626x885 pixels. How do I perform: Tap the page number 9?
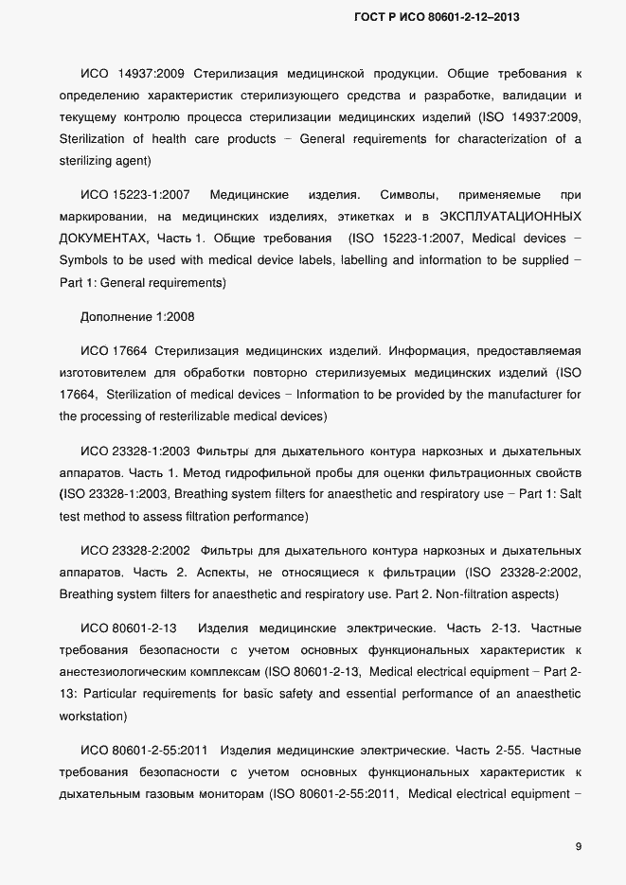[578, 846]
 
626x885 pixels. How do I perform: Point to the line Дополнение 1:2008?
[137, 315]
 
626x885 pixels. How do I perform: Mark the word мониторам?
[230, 793]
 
